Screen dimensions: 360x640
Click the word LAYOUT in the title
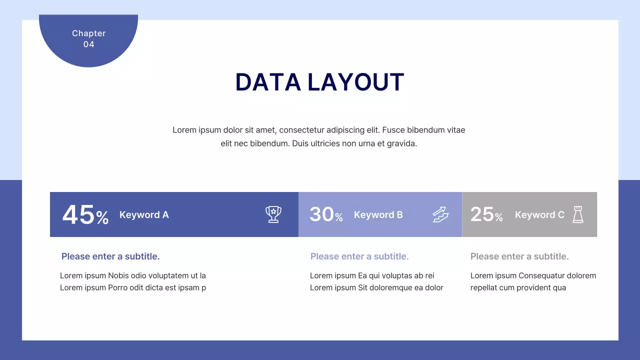[x=355, y=82]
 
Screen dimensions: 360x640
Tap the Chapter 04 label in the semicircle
[x=88, y=38]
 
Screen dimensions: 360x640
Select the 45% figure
[x=85, y=215]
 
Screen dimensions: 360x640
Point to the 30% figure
[x=326, y=214]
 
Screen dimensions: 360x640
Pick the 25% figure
[x=486, y=214]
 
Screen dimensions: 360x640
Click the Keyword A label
[x=144, y=215]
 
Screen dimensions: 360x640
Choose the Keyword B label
[x=378, y=215]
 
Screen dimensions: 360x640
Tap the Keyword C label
[x=539, y=215]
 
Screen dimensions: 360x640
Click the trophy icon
[x=273, y=214]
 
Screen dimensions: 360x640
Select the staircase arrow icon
[x=440, y=214]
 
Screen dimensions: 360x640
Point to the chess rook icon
[x=578, y=214]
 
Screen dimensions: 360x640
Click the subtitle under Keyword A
[x=110, y=256]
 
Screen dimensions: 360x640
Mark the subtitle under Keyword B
[x=359, y=256]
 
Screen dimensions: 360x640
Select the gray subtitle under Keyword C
[x=519, y=256]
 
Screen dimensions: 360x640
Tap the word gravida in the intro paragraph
[x=401, y=143]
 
